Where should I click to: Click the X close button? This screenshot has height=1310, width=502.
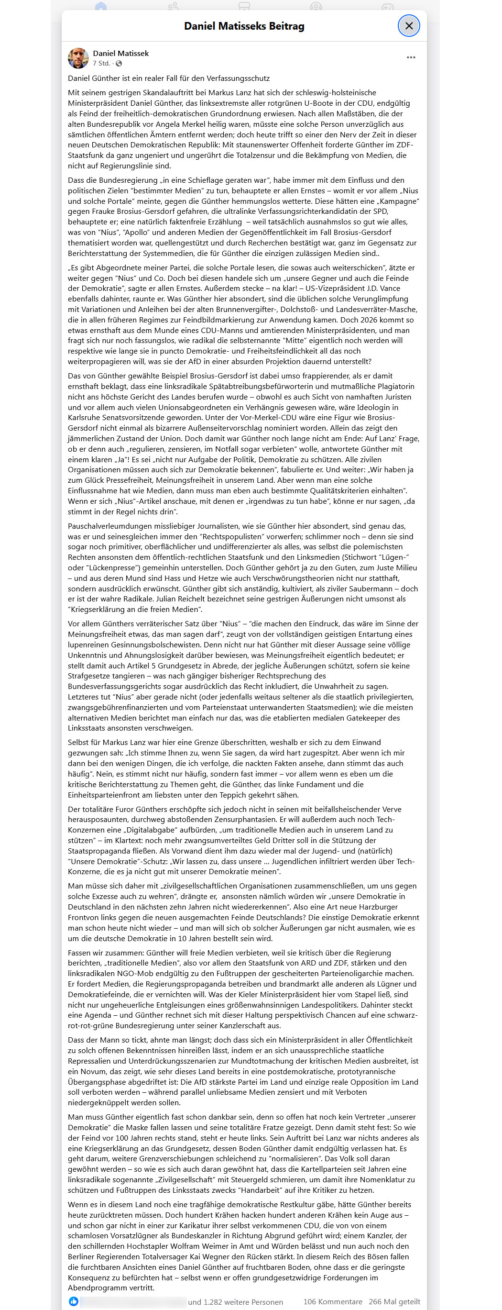tap(408, 26)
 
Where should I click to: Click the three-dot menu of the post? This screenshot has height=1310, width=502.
tap(411, 57)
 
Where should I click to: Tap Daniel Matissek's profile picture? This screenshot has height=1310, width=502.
tap(78, 58)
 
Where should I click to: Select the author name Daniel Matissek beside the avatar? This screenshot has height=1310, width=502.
tap(120, 54)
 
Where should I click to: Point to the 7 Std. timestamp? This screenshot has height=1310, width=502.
tap(101, 64)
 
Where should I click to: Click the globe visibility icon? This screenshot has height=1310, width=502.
tap(119, 64)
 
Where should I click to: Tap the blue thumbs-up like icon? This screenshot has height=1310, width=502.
tap(74, 1301)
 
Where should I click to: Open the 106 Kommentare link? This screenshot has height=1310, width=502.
tap(332, 1301)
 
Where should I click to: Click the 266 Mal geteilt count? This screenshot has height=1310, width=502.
tap(394, 1301)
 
